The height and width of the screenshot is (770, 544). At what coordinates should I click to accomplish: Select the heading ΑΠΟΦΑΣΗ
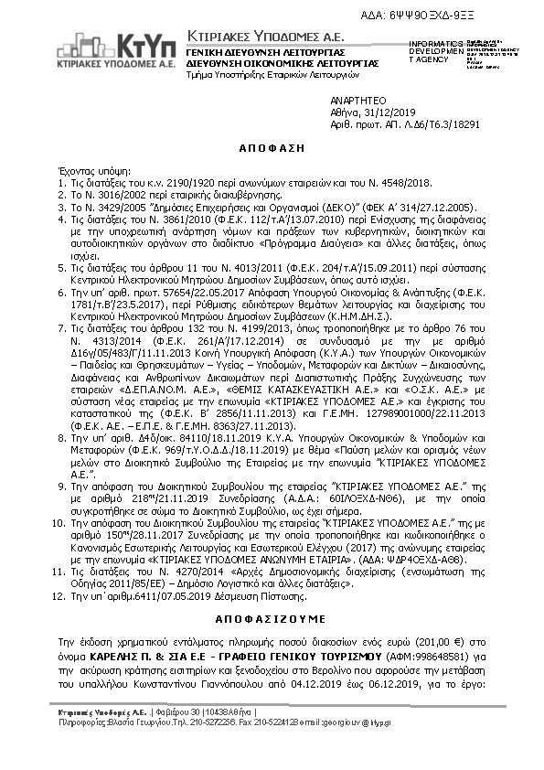point(272,146)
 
